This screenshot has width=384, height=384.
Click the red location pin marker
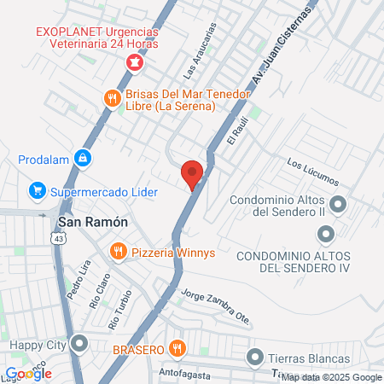(193, 174)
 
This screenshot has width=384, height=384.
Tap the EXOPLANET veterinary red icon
(134, 63)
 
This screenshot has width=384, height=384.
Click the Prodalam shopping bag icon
(82, 158)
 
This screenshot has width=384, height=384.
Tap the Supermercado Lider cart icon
(37, 190)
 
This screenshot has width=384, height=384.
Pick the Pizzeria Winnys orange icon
(119, 252)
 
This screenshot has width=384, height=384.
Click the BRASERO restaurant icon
(177, 348)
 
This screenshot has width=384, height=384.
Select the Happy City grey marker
(80, 345)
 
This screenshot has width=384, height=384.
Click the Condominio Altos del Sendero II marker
(338, 205)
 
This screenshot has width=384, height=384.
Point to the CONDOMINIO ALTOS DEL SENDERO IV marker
(325, 233)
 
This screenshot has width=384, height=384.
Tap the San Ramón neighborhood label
(93, 222)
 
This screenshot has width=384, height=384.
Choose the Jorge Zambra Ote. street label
(217, 306)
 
